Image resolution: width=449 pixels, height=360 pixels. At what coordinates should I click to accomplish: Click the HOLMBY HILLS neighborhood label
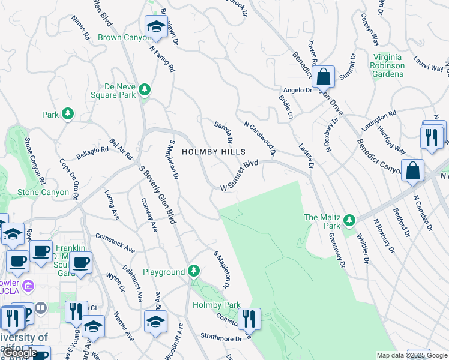(206, 152)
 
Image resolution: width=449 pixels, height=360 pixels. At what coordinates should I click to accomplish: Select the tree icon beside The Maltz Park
(349, 221)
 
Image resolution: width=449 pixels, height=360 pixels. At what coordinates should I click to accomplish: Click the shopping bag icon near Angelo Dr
(323, 77)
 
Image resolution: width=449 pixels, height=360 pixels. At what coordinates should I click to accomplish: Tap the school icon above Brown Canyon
(156, 26)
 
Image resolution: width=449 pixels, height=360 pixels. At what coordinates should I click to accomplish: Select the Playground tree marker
(193, 272)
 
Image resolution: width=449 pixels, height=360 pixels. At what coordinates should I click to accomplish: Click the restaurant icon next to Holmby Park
(249, 319)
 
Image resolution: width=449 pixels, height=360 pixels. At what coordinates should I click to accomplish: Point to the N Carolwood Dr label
(260, 139)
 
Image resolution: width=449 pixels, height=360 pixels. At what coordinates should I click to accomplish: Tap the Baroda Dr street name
(223, 133)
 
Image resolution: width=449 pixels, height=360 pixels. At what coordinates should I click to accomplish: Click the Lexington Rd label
(379, 121)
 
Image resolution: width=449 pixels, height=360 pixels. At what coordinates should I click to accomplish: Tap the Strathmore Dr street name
(221, 338)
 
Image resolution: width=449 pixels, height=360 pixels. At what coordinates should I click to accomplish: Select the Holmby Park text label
(216, 305)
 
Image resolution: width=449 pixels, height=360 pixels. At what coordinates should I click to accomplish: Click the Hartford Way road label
(391, 140)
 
